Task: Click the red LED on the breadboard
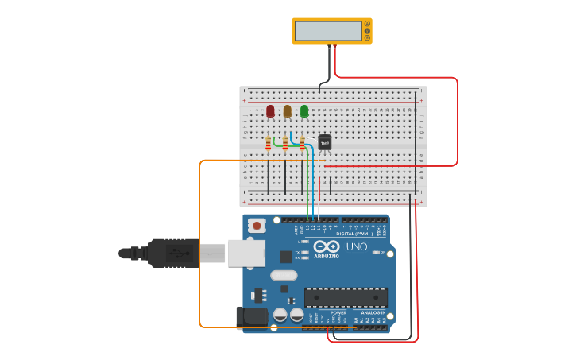[x=270, y=110]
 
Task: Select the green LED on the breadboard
[x=304, y=110]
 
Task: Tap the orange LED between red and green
[x=288, y=110]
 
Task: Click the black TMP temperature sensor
[x=324, y=142]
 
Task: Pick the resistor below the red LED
[x=269, y=144]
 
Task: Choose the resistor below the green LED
[x=302, y=143]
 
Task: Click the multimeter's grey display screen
[x=328, y=31]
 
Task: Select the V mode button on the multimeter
[x=367, y=31]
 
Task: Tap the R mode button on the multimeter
[x=367, y=37]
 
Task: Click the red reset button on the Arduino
[x=257, y=226]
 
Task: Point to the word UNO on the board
[x=357, y=247]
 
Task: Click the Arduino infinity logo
[x=327, y=246]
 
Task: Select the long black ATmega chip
[x=346, y=297]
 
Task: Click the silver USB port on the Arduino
[x=246, y=253]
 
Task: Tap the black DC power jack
[x=253, y=316]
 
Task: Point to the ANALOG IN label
[x=373, y=313]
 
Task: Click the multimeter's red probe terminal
[x=334, y=45]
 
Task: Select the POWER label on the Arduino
[x=338, y=313]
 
